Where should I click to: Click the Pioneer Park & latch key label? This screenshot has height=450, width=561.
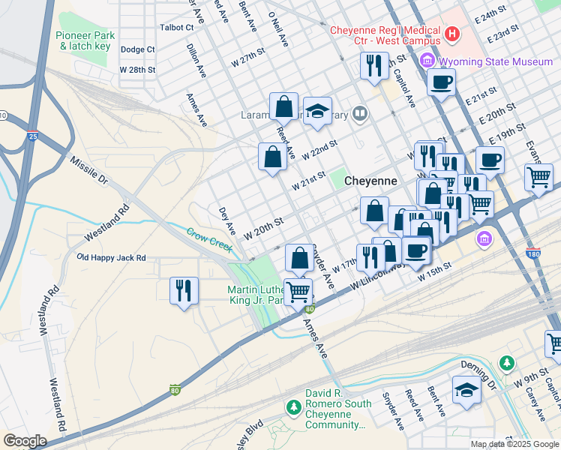[x=85, y=40]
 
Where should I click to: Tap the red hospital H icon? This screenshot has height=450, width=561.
[x=452, y=34]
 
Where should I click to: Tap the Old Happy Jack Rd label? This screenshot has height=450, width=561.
[x=111, y=257]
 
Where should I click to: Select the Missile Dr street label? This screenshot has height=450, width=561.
[x=89, y=171]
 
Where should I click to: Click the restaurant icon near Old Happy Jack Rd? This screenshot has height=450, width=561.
[x=184, y=289]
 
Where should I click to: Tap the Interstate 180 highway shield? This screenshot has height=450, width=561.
[x=533, y=253]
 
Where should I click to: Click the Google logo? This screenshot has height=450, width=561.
[x=25, y=441]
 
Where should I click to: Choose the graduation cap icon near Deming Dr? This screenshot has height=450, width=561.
[x=466, y=390]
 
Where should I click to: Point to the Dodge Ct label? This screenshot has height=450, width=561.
[x=137, y=49]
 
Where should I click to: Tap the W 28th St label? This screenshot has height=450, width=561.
[x=137, y=70]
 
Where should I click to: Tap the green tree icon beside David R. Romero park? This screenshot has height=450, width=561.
[x=293, y=407]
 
